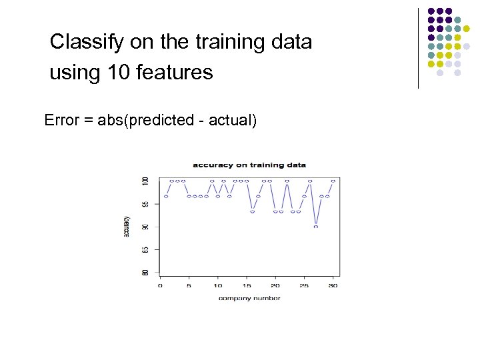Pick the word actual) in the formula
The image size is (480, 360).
(233, 120)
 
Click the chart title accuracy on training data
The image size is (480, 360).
(249, 165)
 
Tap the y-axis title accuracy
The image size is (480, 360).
(127, 227)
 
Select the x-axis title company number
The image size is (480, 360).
(249, 298)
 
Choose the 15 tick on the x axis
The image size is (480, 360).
(246, 285)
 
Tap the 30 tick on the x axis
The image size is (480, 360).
(333, 285)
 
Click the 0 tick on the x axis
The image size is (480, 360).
(160, 285)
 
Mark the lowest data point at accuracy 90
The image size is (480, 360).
(316, 227)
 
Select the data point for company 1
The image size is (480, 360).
(166, 197)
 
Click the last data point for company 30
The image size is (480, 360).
(333, 181)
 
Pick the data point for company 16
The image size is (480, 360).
(252, 211)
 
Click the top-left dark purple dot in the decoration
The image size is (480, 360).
(431, 11)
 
